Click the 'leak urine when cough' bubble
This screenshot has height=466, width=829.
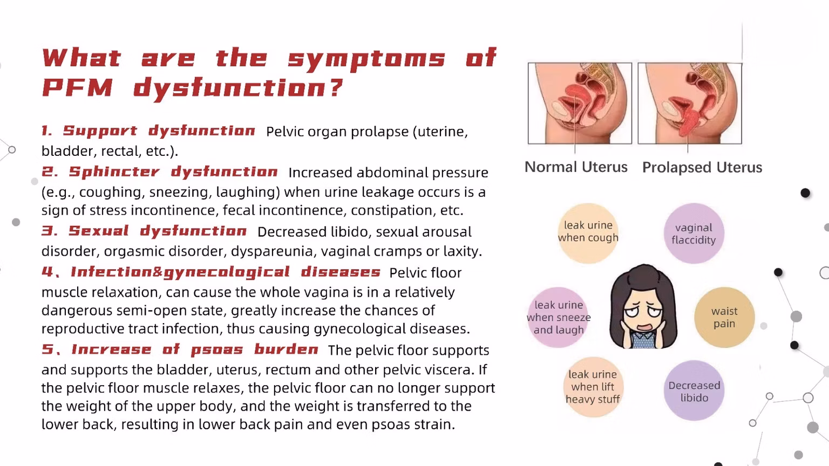coord(588,233)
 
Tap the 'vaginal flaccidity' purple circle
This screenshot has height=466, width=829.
coord(694,234)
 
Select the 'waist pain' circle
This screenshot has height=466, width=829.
coord(724,317)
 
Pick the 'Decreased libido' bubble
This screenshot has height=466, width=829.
coord(694,390)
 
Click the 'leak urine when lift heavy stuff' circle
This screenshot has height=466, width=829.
coord(593,387)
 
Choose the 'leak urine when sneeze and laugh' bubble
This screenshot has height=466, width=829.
coord(559,317)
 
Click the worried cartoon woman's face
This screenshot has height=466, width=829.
coord(643,307)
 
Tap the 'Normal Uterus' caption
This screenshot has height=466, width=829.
coord(576,167)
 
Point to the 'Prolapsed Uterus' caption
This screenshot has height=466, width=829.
coord(702,168)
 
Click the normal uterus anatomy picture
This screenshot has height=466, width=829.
coord(580,103)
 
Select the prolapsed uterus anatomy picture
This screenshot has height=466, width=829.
coord(690,103)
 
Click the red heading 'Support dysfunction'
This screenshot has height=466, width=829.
coord(159,131)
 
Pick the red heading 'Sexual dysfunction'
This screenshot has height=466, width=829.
coord(158,231)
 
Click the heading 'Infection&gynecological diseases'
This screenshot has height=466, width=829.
coord(226,272)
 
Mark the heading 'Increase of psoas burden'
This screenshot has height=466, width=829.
coord(195,349)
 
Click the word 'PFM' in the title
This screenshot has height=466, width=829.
coord(78,88)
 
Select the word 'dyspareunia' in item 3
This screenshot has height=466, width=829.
coord(273,251)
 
